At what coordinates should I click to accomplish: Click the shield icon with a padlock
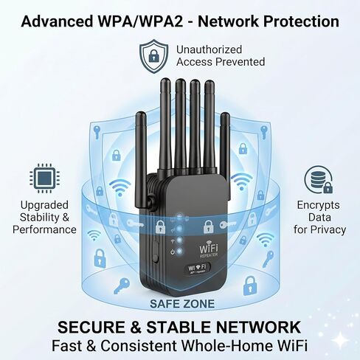[x=154, y=56]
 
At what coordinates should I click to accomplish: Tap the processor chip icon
[x=44, y=178]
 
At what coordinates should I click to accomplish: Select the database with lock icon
[x=319, y=179]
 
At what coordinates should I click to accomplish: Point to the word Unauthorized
[x=209, y=49]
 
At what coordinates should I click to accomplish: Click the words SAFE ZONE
[x=182, y=304]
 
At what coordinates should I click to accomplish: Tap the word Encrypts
[x=318, y=205]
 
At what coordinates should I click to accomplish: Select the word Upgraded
[x=44, y=205]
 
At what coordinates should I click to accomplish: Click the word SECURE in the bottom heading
[x=91, y=328]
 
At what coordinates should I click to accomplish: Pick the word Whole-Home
[x=226, y=345]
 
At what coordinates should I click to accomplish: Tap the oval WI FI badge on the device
[x=197, y=268]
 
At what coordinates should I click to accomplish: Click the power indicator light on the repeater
[x=180, y=252]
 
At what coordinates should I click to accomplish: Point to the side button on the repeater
[x=155, y=251]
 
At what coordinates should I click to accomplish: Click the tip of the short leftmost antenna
[x=141, y=113]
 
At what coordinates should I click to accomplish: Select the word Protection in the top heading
[x=302, y=21]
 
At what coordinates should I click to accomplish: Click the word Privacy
[x=328, y=230]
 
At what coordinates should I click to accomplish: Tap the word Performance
[x=44, y=229]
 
